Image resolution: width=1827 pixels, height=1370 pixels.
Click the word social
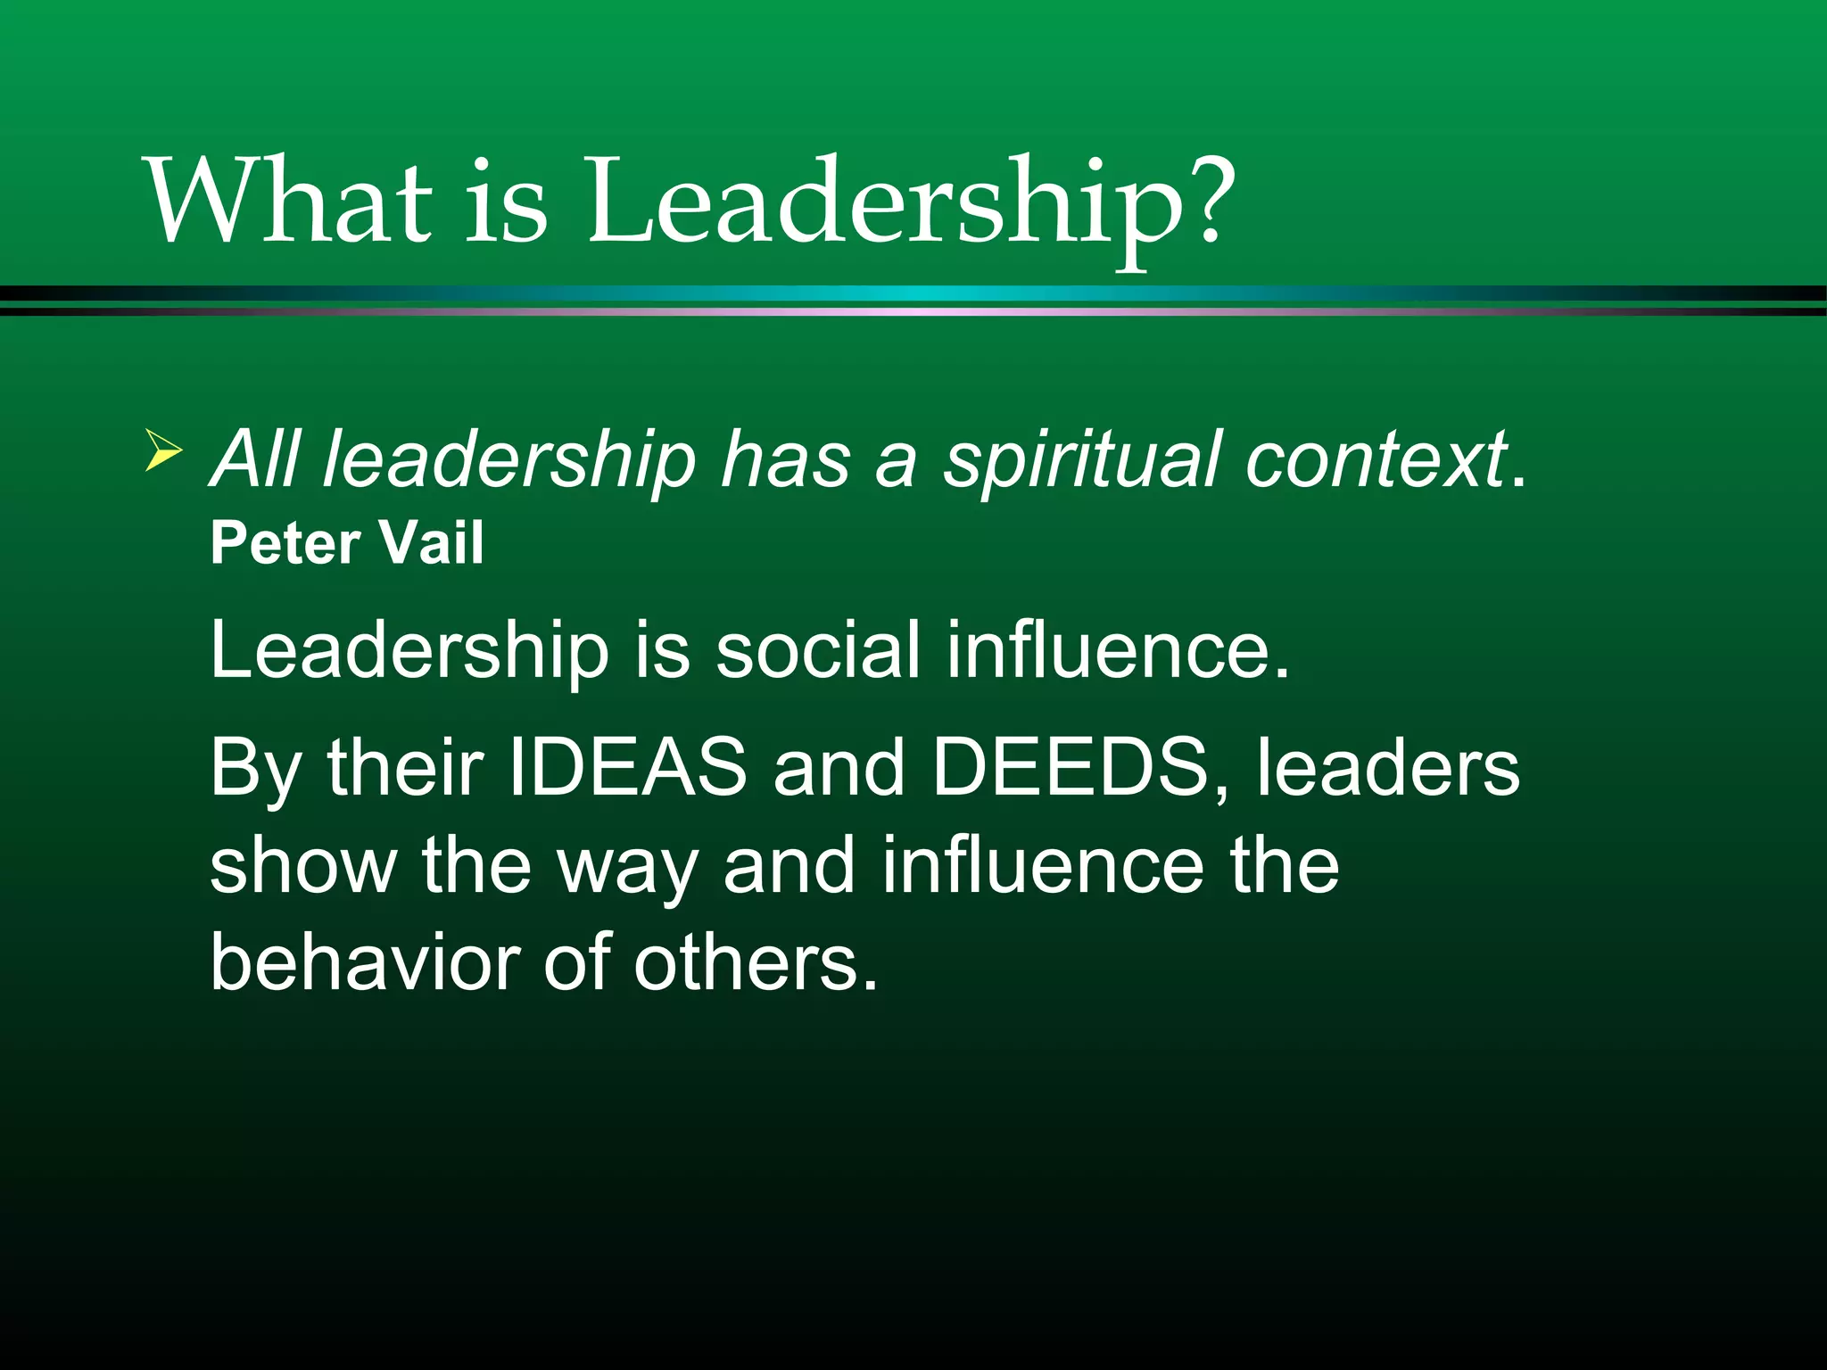click(x=818, y=649)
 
